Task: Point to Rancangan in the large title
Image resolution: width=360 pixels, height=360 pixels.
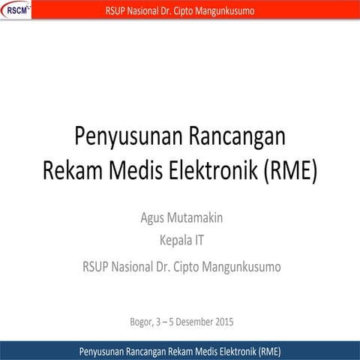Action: tap(240, 139)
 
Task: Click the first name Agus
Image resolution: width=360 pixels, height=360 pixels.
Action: tap(153, 219)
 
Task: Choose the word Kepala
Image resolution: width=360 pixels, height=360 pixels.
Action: tap(173, 241)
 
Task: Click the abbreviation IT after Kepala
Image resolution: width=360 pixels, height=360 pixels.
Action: tap(199, 241)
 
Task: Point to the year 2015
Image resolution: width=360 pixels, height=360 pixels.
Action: tap(224, 323)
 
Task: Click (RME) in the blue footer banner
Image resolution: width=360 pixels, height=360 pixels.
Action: tap(266, 351)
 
